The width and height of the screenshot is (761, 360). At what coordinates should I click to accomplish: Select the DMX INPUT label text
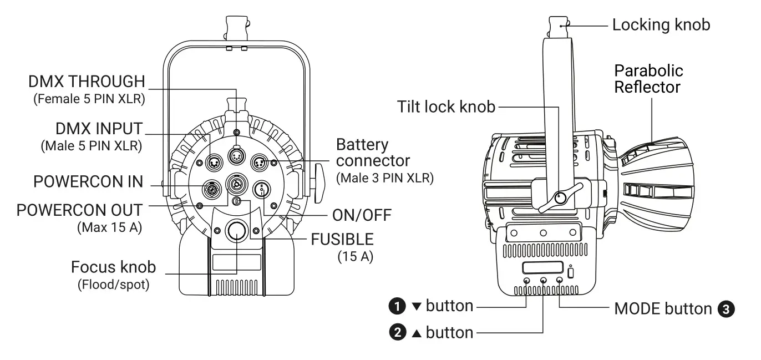[99, 130]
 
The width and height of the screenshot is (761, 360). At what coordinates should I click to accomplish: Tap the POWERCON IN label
[88, 182]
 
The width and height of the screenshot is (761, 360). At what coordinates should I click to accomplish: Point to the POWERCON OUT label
[79, 211]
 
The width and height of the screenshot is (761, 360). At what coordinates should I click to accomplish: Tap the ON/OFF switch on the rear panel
[260, 190]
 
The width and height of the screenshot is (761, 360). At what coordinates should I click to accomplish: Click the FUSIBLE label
[342, 240]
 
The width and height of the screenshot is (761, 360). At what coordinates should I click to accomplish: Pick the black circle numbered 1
[397, 306]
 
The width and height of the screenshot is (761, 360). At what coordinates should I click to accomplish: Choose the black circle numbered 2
[397, 333]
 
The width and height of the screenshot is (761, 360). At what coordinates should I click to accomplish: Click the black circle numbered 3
[726, 309]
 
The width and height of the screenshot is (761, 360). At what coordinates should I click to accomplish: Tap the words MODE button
[662, 309]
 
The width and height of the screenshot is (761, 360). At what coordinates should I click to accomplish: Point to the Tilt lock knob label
[446, 107]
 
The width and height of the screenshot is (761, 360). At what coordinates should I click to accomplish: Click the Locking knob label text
[661, 24]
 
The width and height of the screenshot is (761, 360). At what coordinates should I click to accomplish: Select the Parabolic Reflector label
[648, 79]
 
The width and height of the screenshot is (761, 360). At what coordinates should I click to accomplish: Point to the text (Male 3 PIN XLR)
[385, 179]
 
